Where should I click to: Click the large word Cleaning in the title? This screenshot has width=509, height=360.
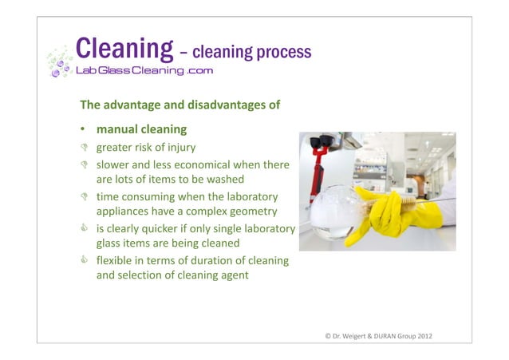[124, 49]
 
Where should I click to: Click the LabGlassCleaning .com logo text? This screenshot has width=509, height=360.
[144, 70]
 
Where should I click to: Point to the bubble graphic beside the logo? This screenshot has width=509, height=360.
[57, 61]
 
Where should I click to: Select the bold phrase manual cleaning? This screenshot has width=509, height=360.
[141, 129]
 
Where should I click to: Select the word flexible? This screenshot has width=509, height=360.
[114, 261]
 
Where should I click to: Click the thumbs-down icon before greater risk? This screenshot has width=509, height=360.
[83, 147]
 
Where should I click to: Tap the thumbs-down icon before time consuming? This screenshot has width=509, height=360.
[83, 196]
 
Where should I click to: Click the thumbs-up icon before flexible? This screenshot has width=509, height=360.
[83, 261]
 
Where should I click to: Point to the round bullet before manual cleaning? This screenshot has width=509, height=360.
[82, 129]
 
